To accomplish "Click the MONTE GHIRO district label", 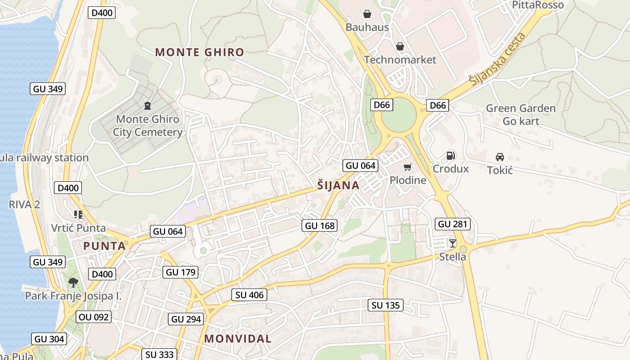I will [199, 52].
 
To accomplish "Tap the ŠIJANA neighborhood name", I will [338, 185].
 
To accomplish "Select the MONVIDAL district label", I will [238, 339].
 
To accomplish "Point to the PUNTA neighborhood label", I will [104, 246].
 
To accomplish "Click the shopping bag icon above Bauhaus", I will [367, 14].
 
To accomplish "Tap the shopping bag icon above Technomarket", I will [400, 46].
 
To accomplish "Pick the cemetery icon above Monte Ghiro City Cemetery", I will [147, 106].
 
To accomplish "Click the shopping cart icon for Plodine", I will [408, 167].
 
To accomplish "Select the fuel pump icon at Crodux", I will [450, 156].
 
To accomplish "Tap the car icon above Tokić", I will [499, 157].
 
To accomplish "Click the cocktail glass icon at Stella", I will [453, 243].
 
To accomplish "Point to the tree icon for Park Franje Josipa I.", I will [73, 283].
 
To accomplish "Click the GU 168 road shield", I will [320, 225].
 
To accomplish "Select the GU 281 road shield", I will [453, 224].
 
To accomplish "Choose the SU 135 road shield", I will [386, 305].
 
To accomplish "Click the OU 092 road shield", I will [93, 317].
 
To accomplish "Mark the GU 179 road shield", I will [180, 272].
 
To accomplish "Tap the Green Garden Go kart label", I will [521, 115].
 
